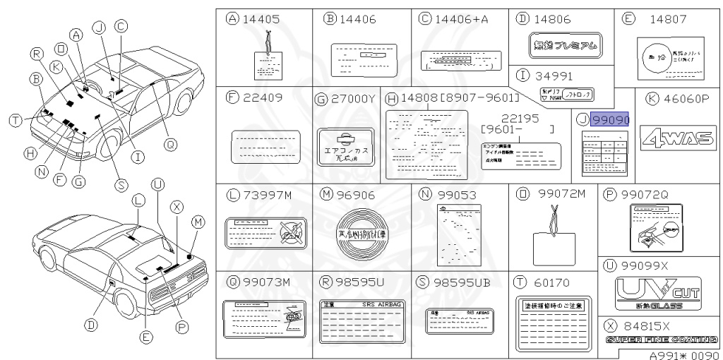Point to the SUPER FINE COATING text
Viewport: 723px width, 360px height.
click(662, 340)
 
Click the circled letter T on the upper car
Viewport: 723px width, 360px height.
click(15, 121)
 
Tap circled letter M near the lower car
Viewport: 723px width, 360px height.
click(198, 222)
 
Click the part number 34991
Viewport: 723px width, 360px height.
click(554, 75)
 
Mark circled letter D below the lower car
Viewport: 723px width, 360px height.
click(91, 325)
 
